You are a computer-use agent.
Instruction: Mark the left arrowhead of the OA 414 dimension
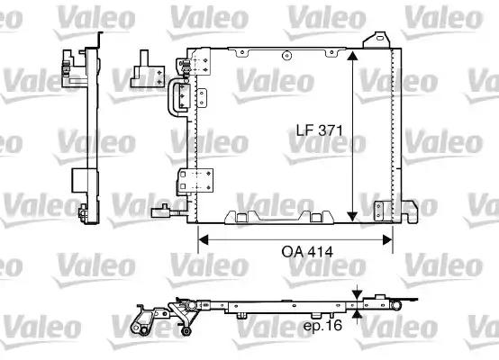click(x=204, y=239)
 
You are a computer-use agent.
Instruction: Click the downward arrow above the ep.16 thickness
click(x=358, y=293)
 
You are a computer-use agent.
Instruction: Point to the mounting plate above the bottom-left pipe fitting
click(x=187, y=180)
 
